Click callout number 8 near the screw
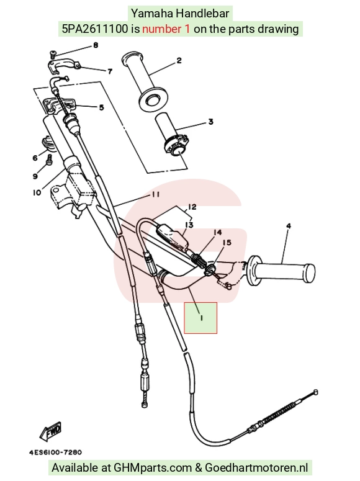coord(96,46)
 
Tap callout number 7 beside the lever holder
coord(110,71)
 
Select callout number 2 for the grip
coord(179,60)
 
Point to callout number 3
coord(210,122)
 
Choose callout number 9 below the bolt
coord(35,176)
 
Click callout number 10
coord(37,192)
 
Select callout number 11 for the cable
coord(155,195)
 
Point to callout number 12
coord(192,207)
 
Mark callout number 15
coord(227,243)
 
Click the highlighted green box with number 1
coord(200,318)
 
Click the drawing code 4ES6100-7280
coord(56,452)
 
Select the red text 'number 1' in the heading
coord(166,29)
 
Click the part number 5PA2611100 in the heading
coord(95,29)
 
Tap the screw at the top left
coord(53,55)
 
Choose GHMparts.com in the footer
coord(153,467)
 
